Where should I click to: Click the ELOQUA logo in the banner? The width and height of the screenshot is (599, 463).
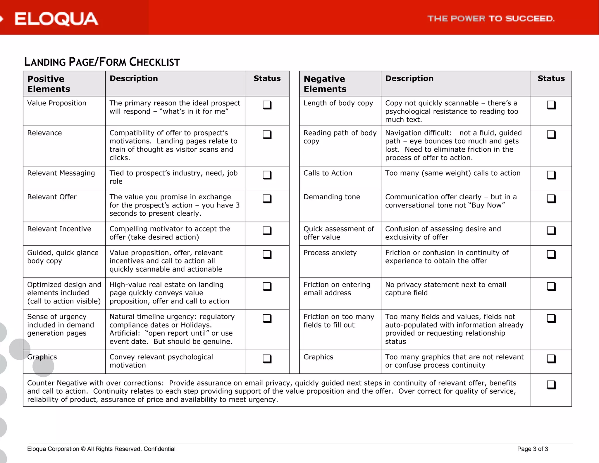[x=56, y=19]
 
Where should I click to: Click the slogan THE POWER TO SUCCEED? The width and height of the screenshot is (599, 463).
[x=490, y=19]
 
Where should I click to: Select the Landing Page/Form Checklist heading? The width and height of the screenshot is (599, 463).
[x=102, y=62]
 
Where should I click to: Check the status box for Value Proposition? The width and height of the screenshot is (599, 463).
[x=267, y=105]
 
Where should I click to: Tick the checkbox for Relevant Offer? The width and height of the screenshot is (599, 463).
[x=267, y=199]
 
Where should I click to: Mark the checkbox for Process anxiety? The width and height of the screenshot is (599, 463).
[x=551, y=254]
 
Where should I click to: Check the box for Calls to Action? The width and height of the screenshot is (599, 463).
[x=551, y=175]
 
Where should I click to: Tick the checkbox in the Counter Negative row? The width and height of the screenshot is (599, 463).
[x=551, y=385]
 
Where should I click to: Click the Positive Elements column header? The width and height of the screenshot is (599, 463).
[x=49, y=84]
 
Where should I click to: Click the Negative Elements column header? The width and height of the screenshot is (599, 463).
[x=325, y=84]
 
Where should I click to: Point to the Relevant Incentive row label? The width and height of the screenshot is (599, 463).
[x=59, y=229]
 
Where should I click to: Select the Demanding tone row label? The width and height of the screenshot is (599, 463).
[x=332, y=197]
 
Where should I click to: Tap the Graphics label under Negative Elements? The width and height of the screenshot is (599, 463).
[x=318, y=357]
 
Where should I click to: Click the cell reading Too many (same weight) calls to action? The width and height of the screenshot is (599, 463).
[x=452, y=173]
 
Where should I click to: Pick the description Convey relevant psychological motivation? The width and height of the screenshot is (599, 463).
[x=161, y=361]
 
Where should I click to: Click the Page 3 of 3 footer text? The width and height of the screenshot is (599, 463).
[x=532, y=449]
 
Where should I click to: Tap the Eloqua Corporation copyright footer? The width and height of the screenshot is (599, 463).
[x=101, y=449]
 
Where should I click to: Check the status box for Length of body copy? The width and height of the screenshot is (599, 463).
[x=551, y=105]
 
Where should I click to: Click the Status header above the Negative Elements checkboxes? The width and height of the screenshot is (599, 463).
[x=551, y=78]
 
